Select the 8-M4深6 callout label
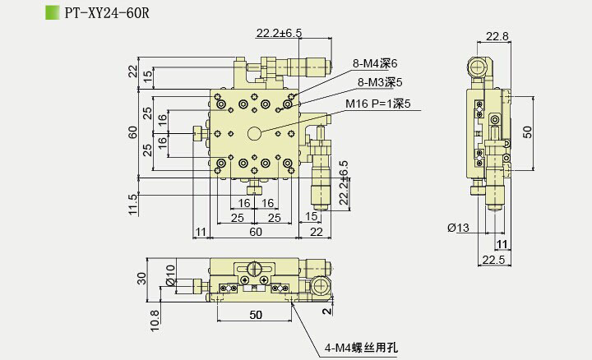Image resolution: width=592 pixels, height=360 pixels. click(x=375, y=62)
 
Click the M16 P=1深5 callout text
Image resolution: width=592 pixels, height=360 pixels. click(x=377, y=104)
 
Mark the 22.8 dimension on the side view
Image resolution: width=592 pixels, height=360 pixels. click(x=497, y=35)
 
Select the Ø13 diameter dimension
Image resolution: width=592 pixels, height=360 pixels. click(x=458, y=228)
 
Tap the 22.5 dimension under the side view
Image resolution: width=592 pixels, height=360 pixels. click(x=493, y=260)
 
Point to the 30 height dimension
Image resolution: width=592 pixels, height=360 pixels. click(x=141, y=279)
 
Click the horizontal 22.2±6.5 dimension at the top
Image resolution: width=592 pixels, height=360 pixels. click(x=279, y=33)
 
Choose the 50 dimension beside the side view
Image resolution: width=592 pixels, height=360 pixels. click(x=528, y=131)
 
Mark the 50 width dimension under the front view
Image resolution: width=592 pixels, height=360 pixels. click(x=255, y=315)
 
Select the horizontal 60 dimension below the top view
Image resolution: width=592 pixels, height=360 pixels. click(x=256, y=233)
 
